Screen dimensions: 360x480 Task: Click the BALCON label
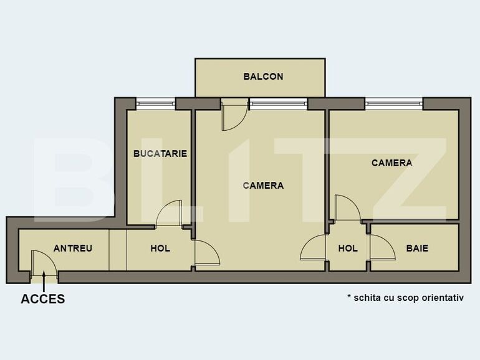263,77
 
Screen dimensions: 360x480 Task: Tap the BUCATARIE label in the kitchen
160,153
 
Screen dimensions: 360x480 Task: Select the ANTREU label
73,248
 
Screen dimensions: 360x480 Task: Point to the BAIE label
417,248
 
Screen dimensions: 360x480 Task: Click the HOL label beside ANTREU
160,248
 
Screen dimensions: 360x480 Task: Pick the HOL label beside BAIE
348,248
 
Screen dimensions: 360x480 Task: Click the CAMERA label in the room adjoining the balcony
263,185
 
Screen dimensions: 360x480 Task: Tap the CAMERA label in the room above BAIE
391,163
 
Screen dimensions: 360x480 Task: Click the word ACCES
43,299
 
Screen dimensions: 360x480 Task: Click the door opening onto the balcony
233,115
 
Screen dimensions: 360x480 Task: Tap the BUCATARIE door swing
169,213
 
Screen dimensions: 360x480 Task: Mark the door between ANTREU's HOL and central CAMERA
206,253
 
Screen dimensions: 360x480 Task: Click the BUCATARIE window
155,103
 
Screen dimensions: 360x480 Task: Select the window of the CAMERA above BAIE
394,103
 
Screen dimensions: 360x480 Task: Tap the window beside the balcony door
278,103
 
